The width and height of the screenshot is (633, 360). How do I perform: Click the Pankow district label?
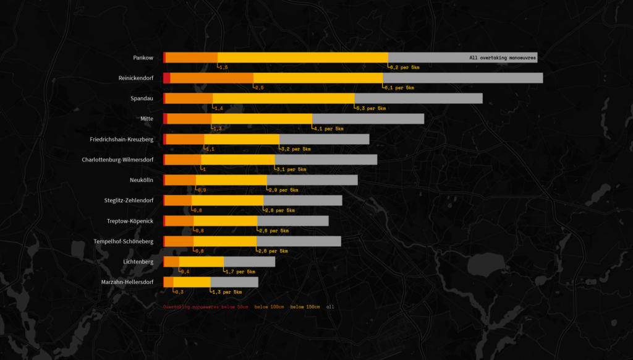point(143,58)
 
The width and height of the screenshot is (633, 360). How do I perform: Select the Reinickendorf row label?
point(136,78)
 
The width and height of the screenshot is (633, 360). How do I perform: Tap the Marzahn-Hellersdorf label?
point(127,282)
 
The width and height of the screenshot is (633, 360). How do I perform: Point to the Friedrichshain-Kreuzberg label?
point(122,139)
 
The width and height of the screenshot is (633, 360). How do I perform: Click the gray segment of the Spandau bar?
point(418,98)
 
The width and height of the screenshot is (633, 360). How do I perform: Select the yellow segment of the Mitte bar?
point(261,119)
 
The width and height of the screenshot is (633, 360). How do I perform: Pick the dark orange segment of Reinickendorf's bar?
point(211,78)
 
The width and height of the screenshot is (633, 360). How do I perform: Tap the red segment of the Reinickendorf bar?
point(167,78)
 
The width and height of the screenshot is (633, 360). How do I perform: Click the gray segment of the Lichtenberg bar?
point(249,262)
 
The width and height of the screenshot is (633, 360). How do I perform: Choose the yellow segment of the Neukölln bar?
point(231,180)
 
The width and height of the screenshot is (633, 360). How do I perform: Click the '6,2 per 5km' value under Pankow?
point(405,67)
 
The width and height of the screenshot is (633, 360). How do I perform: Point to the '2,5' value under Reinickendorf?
point(259,88)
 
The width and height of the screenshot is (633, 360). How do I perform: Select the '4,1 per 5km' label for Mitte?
point(329,129)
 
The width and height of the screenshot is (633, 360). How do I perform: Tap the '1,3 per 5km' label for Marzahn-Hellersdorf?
point(227,292)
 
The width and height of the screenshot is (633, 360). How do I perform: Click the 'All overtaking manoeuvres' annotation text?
point(503,58)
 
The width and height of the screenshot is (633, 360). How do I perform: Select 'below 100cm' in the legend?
point(269,307)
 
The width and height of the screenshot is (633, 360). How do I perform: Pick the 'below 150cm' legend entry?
point(305,307)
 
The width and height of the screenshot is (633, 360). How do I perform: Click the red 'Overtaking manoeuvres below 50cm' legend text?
point(205,307)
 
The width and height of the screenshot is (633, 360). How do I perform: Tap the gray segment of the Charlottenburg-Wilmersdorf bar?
point(325,160)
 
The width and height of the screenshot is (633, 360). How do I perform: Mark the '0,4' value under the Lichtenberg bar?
point(185,272)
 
